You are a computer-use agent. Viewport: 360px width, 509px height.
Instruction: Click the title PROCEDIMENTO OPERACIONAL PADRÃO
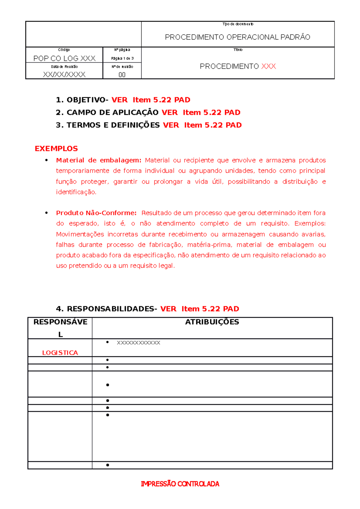[238, 37]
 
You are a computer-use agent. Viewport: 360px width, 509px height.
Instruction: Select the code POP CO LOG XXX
[64, 58]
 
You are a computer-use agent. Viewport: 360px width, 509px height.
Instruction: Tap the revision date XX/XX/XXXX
[64, 74]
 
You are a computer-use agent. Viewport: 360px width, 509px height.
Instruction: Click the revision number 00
[122, 75]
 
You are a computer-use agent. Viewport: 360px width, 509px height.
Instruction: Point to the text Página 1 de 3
[122, 58]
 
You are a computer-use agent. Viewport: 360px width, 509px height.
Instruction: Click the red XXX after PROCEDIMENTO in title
[268, 66]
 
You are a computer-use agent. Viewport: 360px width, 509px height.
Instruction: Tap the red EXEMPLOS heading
[56, 149]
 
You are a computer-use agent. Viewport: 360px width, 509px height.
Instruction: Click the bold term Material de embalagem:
[98, 160]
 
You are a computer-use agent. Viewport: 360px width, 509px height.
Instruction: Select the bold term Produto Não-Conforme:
[96, 213]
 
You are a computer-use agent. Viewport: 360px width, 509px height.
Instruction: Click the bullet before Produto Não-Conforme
[46, 213]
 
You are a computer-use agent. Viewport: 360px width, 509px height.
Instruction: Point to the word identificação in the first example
[76, 192]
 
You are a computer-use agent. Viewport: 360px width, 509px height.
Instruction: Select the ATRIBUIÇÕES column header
[212, 322]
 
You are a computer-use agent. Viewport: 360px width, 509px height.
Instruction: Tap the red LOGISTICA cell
[60, 353]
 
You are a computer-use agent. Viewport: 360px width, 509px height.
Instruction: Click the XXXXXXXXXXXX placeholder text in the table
[138, 343]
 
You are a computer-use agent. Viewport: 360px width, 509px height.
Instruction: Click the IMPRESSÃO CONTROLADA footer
[180, 484]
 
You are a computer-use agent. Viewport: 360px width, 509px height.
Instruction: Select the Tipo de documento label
[238, 24]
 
